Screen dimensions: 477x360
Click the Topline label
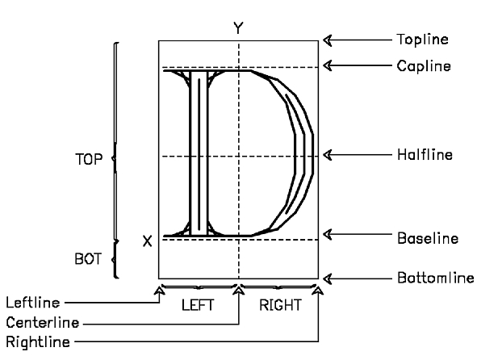point(422,40)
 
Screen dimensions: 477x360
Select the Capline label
point(424,66)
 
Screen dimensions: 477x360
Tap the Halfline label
point(425,155)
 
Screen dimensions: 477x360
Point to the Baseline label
point(428,238)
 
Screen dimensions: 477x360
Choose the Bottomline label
point(436,278)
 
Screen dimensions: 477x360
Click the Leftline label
point(33,303)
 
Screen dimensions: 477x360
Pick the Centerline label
point(43,323)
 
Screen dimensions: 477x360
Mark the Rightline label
point(38,342)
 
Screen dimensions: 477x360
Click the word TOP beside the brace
point(89,160)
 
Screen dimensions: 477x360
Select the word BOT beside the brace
point(88,259)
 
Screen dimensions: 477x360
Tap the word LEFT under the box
point(198,305)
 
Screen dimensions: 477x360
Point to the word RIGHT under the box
point(281,305)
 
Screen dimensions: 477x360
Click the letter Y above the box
point(239,27)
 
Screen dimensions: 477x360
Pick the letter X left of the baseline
point(147,241)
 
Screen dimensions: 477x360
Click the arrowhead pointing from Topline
point(328,40)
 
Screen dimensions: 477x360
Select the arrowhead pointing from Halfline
point(328,155)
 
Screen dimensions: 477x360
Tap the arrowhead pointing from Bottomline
point(328,278)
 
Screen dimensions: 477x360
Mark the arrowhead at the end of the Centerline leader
point(239,290)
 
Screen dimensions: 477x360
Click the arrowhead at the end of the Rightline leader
point(318,290)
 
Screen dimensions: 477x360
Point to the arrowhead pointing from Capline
point(328,65)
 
